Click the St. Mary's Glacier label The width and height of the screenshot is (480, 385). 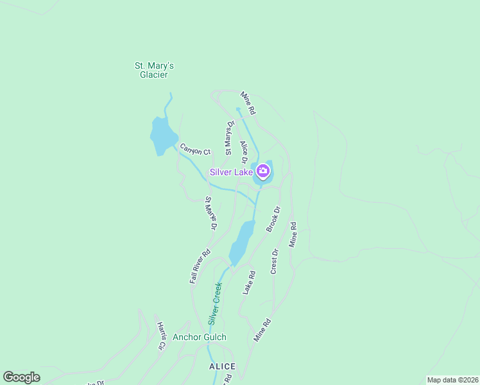(154, 70)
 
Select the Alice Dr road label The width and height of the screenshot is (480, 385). (244, 152)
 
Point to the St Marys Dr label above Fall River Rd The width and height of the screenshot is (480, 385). (211, 214)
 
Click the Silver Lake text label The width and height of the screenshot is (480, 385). (231, 172)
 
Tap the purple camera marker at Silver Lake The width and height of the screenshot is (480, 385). (263, 171)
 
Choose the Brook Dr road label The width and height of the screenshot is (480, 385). (274, 219)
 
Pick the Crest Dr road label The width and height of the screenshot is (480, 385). (274, 261)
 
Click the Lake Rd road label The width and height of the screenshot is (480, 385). (249, 282)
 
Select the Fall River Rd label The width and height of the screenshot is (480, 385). (200, 267)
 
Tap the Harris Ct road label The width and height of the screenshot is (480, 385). (161, 336)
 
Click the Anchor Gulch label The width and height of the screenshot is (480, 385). (200, 337)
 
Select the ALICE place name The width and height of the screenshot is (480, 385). (222, 366)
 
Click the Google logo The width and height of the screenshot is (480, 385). (21, 377)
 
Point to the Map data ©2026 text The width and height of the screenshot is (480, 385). (452, 380)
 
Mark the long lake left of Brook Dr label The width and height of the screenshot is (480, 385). (241, 243)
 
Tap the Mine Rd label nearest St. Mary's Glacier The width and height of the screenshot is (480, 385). (248, 103)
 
